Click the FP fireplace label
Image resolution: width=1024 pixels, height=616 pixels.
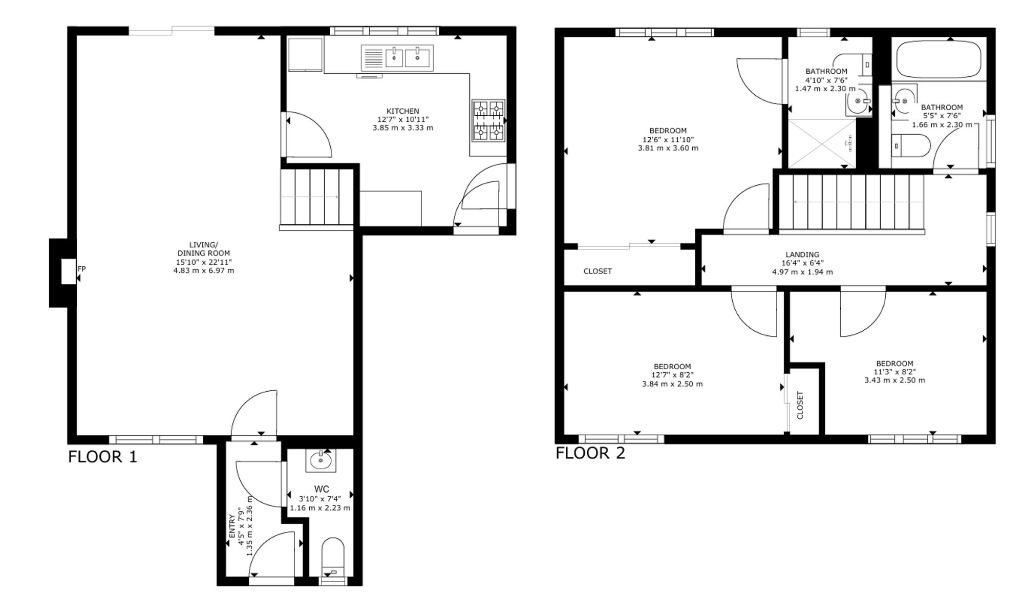coord(81,269)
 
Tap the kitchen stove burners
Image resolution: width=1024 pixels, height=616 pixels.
coord(488,120)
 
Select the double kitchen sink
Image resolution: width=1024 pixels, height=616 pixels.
coord(397,57)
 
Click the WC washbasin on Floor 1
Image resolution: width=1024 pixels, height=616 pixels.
coord(321,460)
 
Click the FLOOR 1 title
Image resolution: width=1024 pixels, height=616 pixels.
coord(103,457)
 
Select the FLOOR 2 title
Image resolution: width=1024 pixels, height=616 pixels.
coord(590,453)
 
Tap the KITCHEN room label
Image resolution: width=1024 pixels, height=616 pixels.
coord(402,111)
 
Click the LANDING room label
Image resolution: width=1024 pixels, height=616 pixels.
coord(802,254)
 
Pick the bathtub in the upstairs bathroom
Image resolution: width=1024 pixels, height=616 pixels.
coord(939,59)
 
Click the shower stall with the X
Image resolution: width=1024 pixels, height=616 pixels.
coord(821,143)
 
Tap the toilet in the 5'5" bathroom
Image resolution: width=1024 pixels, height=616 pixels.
coord(911,146)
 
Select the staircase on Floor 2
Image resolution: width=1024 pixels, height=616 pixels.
coord(851,203)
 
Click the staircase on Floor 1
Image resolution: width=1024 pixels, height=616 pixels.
coord(317,197)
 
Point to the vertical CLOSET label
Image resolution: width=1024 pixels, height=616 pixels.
coord(800,405)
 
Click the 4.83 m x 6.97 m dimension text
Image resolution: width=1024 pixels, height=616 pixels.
coord(204,270)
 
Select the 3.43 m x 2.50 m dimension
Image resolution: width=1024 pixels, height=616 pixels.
coord(894,380)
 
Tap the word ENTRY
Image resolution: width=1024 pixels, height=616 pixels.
coord(232,526)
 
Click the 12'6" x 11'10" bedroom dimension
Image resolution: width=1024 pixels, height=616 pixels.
coord(668,139)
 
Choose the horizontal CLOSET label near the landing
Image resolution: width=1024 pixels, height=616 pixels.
coord(598,271)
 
